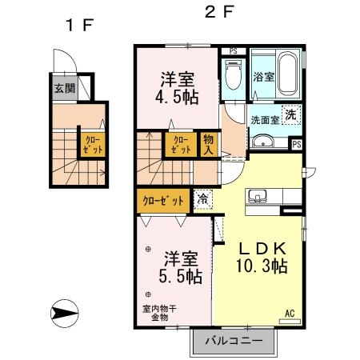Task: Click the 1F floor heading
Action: tap(80, 23)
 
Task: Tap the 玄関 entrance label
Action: tap(65, 89)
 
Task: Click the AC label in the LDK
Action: tap(290, 314)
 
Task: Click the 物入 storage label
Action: tap(207, 144)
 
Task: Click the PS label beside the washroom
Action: tap(296, 145)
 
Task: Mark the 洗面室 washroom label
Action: tap(264, 120)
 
